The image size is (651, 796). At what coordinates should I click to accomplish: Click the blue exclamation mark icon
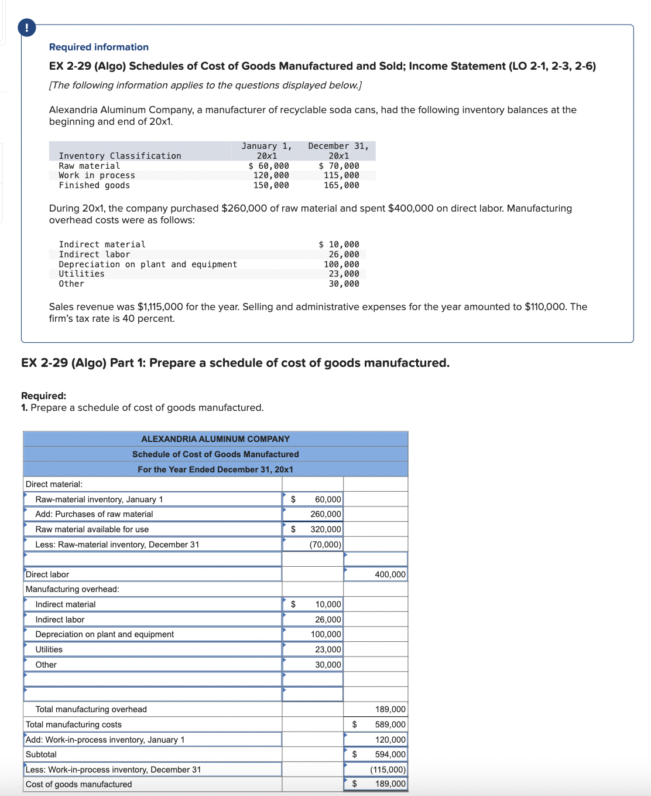tap(26, 28)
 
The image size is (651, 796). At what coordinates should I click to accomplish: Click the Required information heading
tap(98, 47)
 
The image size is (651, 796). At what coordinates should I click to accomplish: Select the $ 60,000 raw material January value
tap(269, 166)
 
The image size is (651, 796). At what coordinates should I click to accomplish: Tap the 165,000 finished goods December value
tap(341, 185)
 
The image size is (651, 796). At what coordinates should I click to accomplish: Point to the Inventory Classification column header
tap(119, 156)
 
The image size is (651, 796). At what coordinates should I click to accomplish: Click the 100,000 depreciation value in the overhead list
tap(341, 264)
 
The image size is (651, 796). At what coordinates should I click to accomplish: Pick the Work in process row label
tap(97, 175)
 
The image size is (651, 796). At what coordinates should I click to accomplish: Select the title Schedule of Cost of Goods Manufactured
tap(215, 454)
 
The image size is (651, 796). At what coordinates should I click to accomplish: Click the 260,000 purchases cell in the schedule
tap(325, 514)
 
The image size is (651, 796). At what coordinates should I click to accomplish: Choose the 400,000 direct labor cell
tap(389, 574)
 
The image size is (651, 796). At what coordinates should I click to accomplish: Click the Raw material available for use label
tap(92, 529)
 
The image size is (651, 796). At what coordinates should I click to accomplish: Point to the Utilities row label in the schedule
tap(49, 649)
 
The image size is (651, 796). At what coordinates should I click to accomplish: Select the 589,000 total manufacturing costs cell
tap(390, 724)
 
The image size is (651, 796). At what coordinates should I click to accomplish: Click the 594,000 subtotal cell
tap(390, 754)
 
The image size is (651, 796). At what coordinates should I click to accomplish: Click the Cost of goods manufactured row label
tap(78, 784)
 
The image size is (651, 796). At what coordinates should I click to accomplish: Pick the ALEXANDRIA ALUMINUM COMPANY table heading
tap(215, 439)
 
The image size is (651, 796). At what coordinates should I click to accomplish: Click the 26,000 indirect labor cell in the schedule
tap(327, 620)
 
